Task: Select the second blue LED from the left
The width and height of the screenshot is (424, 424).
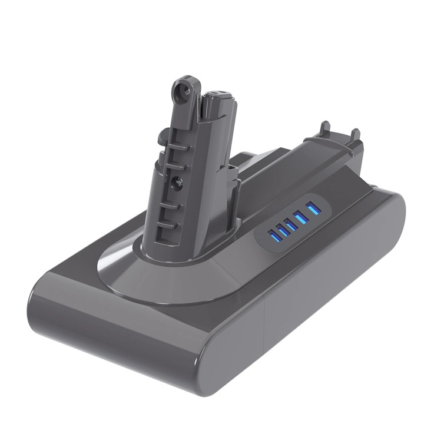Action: pos(283,230)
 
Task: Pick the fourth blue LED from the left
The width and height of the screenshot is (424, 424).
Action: pos(301,218)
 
